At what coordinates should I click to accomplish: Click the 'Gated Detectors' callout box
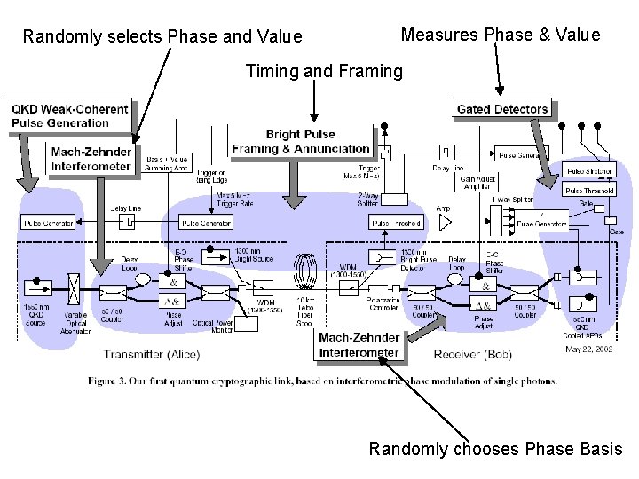502,109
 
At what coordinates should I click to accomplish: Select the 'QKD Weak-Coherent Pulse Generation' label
69,116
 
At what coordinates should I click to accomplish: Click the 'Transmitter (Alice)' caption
152,355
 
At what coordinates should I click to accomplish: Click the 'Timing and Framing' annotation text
323,71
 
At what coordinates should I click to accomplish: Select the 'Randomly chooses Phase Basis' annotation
495,449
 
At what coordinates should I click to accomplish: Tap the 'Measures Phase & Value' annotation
501,35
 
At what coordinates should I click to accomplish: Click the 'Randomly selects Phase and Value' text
162,36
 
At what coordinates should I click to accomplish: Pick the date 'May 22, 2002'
589,349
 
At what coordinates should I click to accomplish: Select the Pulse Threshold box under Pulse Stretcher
589,189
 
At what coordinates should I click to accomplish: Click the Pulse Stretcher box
589,170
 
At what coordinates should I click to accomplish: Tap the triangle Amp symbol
444,223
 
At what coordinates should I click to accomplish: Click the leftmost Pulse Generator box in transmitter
48,223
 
